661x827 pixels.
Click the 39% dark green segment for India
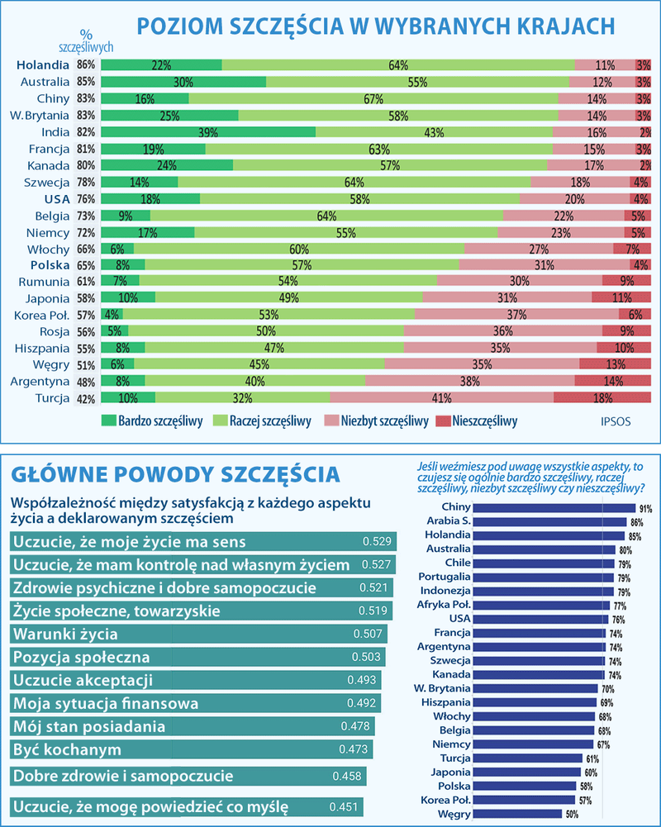click(x=207, y=132)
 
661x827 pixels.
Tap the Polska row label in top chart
click(x=50, y=265)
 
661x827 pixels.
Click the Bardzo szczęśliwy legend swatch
click(x=108, y=421)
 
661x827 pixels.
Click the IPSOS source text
click(x=614, y=421)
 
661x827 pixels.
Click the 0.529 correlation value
click(x=377, y=542)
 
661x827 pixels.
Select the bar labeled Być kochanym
click(x=190, y=749)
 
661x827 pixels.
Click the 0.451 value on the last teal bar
click(x=343, y=806)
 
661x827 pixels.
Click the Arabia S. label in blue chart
click(x=449, y=521)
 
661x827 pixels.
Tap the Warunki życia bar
click(x=198, y=635)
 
